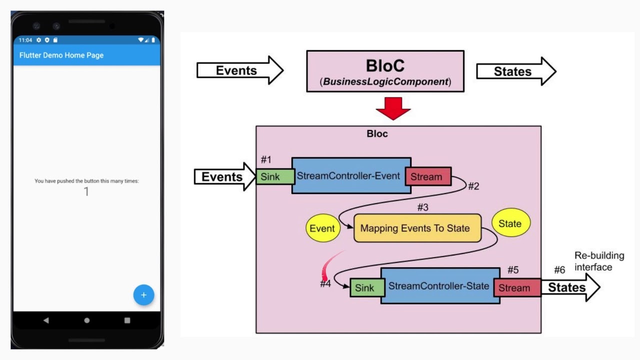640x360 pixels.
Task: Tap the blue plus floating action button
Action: tap(143, 295)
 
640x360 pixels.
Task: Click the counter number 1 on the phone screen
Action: tap(86, 191)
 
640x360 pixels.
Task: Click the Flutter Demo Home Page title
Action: tap(61, 55)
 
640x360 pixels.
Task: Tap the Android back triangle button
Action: tap(46, 320)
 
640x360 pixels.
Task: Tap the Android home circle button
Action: tap(87, 320)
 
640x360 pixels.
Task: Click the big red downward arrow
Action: tap(393, 108)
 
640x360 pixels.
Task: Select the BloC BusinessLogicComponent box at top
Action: tap(385, 71)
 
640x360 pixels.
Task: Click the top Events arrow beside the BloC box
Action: tap(239, 70)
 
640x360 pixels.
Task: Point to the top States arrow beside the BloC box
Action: tap(515, 71)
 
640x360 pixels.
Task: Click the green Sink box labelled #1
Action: tap(274, 176)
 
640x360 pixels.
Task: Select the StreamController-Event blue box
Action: tap(350, 175)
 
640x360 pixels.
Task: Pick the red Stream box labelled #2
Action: tap(427, 176)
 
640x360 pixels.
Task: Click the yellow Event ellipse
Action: tap(322, 228)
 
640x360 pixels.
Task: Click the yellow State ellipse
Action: tap(510, 223)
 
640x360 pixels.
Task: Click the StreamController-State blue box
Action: tap(439, 286)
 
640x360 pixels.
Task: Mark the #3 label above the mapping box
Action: tap(422, 207)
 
